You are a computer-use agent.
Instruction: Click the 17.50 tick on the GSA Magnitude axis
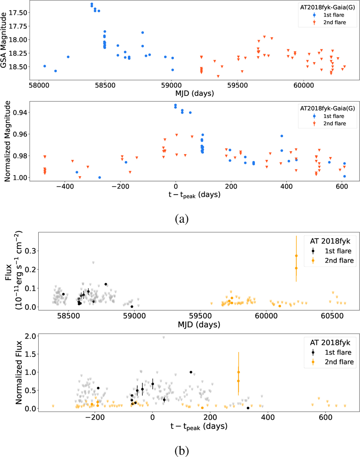point(18,13)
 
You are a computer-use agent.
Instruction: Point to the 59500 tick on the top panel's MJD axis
point(237,85)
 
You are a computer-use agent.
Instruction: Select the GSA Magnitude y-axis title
point(4,40)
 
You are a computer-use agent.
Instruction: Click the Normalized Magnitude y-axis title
point(7,141)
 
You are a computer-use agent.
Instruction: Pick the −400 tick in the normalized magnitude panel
point(65,186)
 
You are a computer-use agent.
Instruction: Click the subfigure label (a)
point(181,219)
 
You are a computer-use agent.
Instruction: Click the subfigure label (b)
point(181,451)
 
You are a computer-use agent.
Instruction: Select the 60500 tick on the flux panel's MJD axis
point(332,316)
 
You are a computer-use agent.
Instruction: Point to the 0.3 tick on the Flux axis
point(30,251)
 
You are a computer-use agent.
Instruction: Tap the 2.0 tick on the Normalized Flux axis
point(30,336)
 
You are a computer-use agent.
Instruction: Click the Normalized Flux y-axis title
point(19,372)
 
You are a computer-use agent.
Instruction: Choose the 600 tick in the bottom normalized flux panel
point(326,417)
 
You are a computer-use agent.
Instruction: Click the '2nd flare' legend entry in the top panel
point(334,23)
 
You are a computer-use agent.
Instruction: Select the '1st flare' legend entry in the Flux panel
point(338,251)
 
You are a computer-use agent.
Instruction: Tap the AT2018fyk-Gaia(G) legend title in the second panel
point(327,108)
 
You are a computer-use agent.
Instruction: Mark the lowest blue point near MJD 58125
point(55,71)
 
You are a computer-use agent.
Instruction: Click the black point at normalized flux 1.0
point(191,372)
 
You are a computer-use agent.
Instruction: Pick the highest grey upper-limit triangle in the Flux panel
point(93,263)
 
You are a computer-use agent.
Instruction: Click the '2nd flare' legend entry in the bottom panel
point(339,362)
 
